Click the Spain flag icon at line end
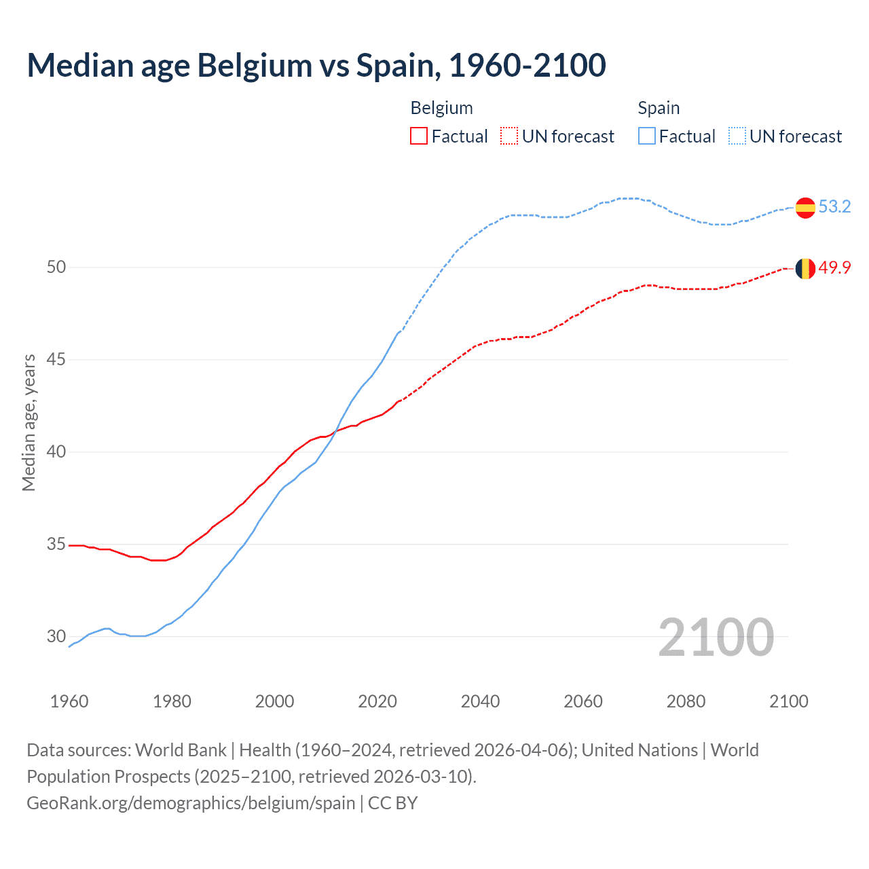point(805,208)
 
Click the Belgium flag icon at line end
point(805,269)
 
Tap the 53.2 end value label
point(834,206)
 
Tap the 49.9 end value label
point(834,267)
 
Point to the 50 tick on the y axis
point(56,267)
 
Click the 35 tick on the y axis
point(56,544)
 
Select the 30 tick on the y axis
point(56,636)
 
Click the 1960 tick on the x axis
point(69,701)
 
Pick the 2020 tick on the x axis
point(377,701)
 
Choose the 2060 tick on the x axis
point(583,701)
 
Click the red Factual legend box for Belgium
point(419,136)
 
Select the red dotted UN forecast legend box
point(509,136)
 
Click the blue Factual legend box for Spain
point(647,136)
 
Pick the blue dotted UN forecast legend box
point(737,136)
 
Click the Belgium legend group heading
point(441,108)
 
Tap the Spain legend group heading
point(659,108)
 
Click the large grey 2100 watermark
point(716,637)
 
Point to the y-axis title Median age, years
point(29,422)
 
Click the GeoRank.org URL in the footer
point(191,803)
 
